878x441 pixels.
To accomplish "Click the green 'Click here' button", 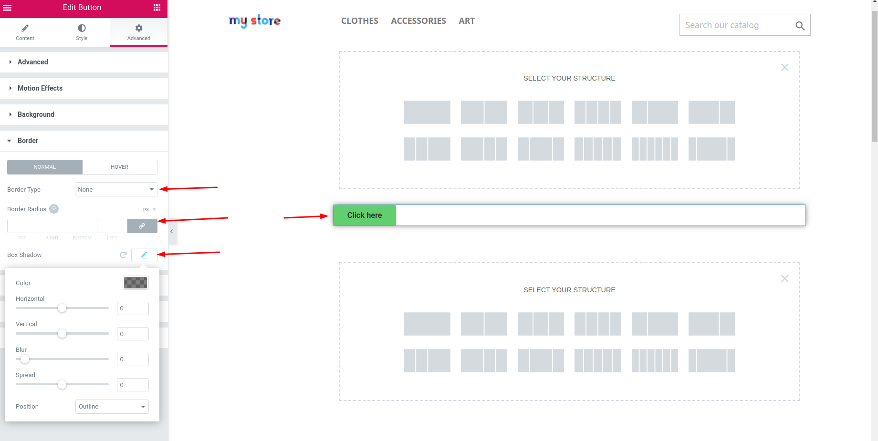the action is (365, 215).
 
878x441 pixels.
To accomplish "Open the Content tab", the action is (25, 32).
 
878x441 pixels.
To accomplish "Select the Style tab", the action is (82, 32).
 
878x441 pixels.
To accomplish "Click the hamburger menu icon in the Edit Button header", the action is (7, 8).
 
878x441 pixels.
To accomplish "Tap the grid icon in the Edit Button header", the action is (157, 8).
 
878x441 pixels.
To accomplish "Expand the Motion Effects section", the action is (40, 88).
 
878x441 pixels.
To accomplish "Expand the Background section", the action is (36, 114).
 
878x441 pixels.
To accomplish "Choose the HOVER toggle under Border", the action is (120, 167).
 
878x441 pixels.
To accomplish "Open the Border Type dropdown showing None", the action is (116, 189).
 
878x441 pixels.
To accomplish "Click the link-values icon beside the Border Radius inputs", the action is (142, 226).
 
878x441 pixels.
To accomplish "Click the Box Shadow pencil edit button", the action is (144, 255).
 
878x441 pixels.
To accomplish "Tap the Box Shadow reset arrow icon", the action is (123, 255).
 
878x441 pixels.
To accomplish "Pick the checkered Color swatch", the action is (136, 283).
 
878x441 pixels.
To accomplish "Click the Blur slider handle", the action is (25, 359).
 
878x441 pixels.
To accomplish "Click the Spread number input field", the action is (133, 385).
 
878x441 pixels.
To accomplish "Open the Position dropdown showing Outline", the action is (112, 407).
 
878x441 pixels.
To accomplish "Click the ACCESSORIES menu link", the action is (418, 21).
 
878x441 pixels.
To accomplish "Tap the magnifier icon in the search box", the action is (800, 26).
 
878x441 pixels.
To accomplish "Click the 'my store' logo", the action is (255, 21).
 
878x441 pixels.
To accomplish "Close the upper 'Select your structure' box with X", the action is (784, 68).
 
